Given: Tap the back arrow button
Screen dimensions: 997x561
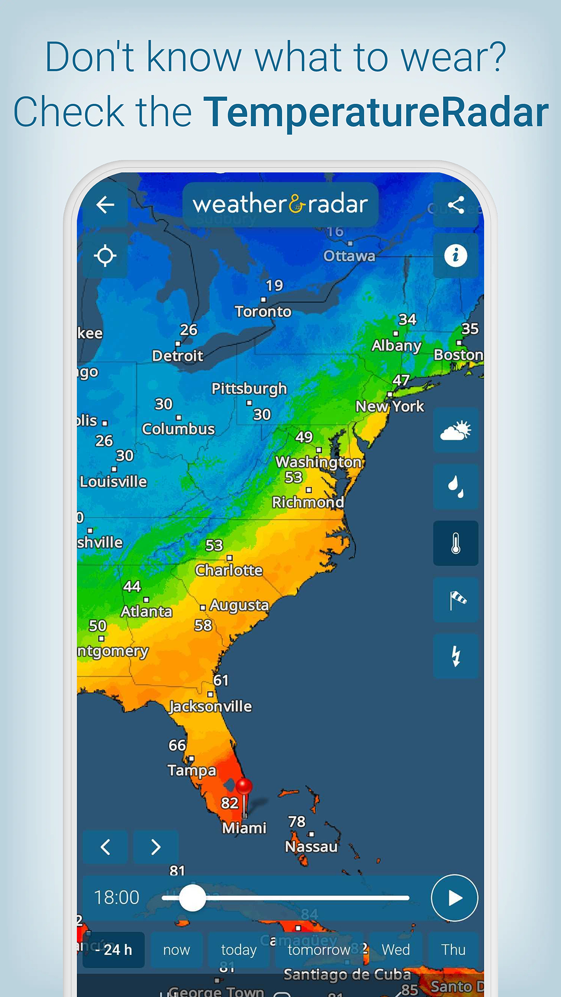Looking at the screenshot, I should click(x=105, y=205).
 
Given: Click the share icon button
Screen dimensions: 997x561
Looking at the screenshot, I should click(x=456, y=205).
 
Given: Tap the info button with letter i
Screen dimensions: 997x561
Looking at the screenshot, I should click(x=456, y=255).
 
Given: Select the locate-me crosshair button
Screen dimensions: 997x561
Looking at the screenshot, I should click(x=105, y=255).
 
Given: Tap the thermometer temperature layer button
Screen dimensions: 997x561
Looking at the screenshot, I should click(x=456, y=543).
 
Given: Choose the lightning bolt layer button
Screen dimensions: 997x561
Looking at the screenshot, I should click(x=456, y=656).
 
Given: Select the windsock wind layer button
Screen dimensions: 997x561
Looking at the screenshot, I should click(x=456, y=600).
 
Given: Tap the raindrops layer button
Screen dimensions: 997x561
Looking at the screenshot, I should click(x=456, y=487).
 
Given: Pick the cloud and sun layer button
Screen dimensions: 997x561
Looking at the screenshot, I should click(x=456, y=430).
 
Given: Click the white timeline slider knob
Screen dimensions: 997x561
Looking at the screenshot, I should click(x=193, y=898).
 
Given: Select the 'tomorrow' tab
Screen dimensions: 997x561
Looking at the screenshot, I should click(x=319, y=950).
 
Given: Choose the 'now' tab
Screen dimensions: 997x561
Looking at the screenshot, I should click(x=177, y=950).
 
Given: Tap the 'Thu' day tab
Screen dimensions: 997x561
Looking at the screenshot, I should click(x=453, y=950).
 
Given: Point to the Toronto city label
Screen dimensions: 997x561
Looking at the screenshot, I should click(x=263, y=312).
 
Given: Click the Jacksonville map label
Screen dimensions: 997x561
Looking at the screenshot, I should click(x=211, y=706).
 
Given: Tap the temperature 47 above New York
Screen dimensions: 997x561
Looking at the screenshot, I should click(x=401, y=380).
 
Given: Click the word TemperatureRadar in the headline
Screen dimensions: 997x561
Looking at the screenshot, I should click(x=376, y=112).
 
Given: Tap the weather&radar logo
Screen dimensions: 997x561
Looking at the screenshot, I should click(x=280, y=205).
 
